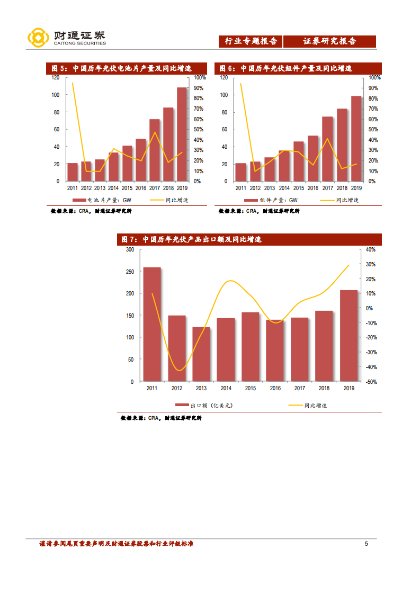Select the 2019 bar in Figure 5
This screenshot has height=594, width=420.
point(182,134)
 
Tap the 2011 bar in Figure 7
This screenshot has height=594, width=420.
point(152,324)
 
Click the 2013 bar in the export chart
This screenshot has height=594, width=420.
point(201,354)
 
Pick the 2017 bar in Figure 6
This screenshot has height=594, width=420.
point(327,149)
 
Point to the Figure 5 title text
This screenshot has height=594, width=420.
point(121,68)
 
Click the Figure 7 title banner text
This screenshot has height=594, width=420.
point(192,239)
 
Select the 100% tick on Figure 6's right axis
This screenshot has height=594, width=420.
point(372,77)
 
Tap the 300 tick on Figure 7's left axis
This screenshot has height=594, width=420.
point(130,249)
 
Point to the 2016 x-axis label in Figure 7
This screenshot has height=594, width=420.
point(275,389)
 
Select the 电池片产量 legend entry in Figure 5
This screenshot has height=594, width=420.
point(105,200)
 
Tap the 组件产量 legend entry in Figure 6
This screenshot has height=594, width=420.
point(273,200)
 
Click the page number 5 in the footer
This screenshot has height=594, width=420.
point(366,544)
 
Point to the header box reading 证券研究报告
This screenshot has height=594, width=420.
point(329,41)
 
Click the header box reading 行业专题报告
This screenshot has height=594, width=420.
point(251,41)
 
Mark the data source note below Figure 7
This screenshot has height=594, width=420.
point(161,418)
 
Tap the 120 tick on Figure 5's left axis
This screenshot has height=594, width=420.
point(55,77)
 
